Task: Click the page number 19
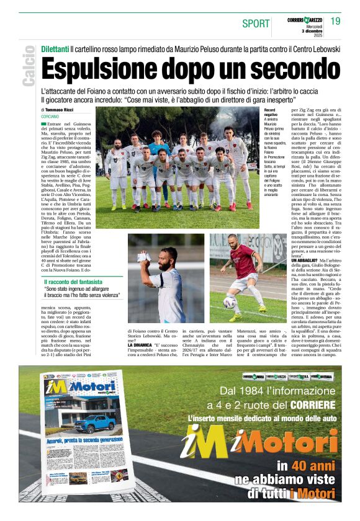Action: pyautogui.click(x=336, y=21)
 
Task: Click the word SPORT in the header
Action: pyautogui.click(x=254, y=24)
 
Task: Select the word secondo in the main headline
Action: pyautogui.click(x=287, y=69)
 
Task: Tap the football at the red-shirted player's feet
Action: pyautogui.click(x=230, y=302)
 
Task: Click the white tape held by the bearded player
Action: pyautogui.click(x=144, y=257)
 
